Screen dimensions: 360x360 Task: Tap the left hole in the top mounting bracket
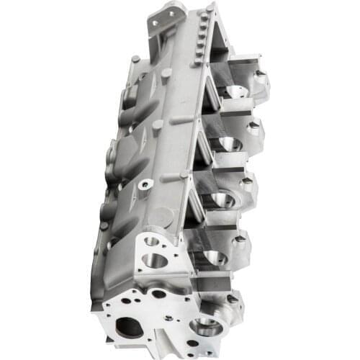pyautogui.click(x=154, y=23)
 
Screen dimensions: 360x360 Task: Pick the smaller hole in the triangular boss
pyautogui.click(x=150, y=240)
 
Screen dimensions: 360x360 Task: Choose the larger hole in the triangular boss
pyautogui.click(x=156, y=259)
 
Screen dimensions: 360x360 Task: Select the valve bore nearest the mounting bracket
pyautogui.click(x=236, y=92)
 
